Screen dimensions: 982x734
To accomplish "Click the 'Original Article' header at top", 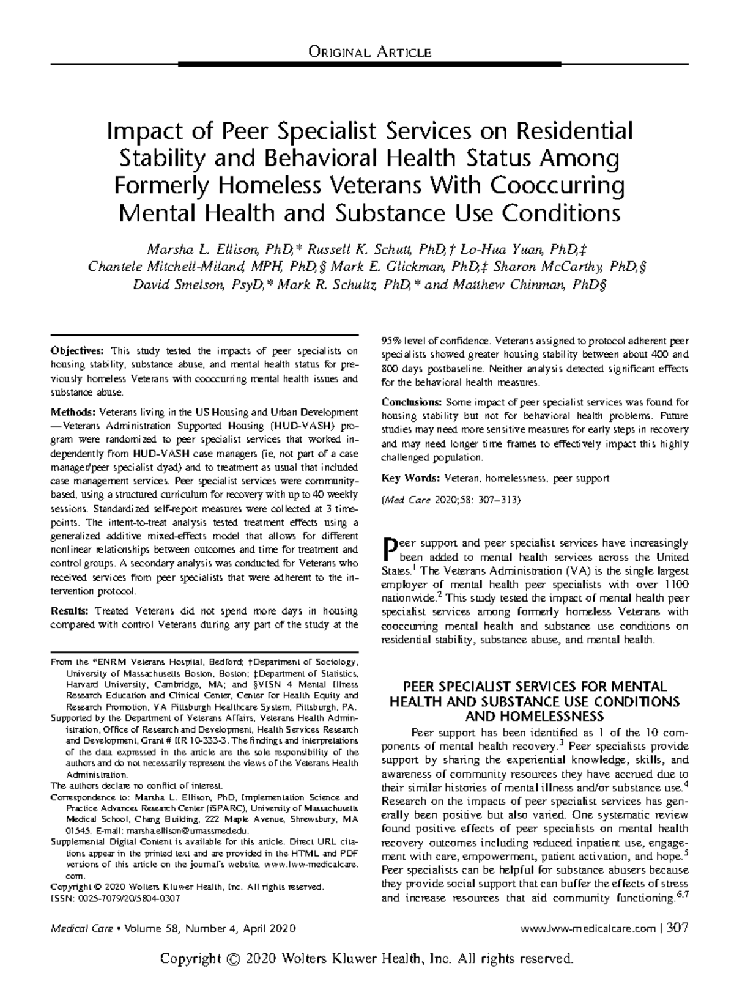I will click(370, 51).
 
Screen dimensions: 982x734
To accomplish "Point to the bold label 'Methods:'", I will click(73, 412).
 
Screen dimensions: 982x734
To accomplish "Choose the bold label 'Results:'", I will click(71, 611).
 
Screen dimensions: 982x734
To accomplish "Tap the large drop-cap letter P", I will click(388, 550).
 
